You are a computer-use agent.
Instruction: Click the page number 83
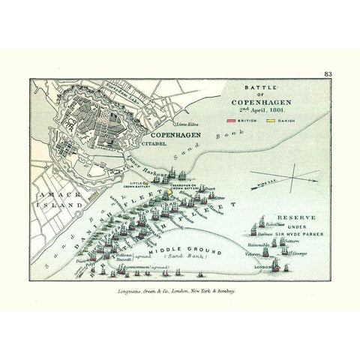(x=328, y=73)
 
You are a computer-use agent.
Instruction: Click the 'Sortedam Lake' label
(x=124, y=88)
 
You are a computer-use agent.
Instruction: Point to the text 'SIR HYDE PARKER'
(x=298, y=234)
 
